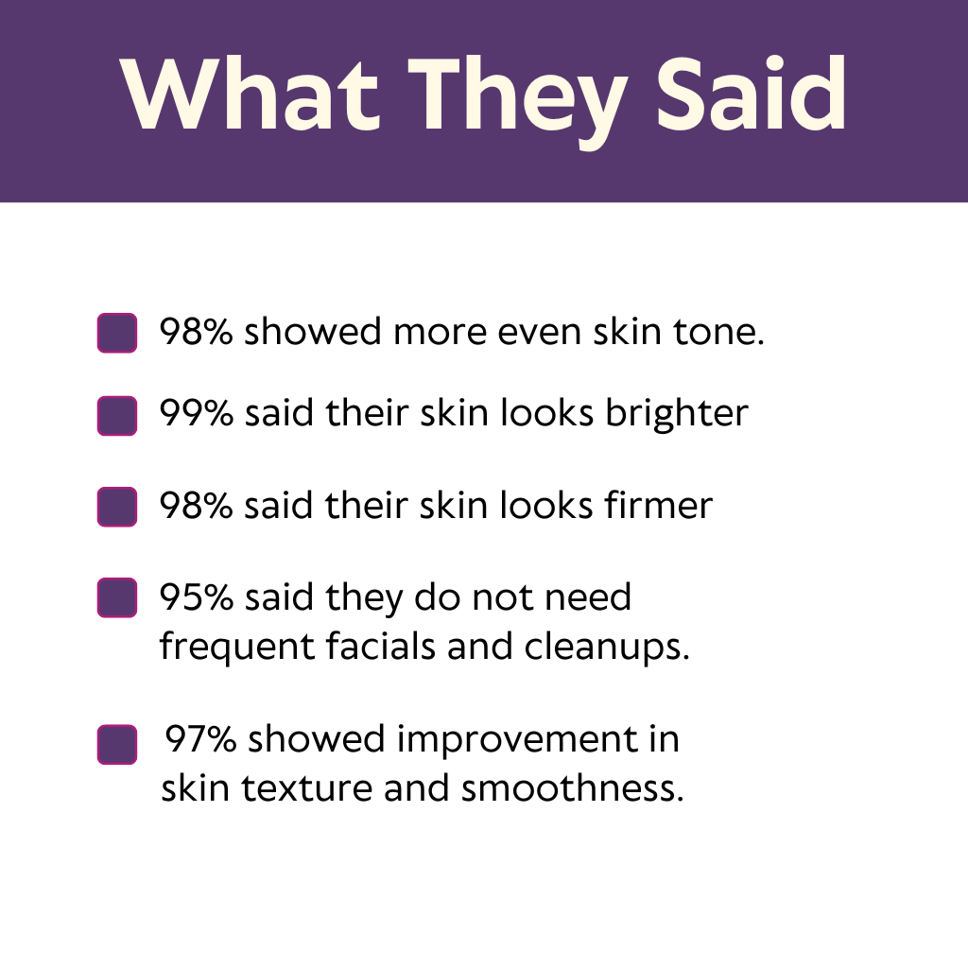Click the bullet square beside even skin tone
(x=116, y=333)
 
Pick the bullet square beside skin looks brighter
(x=116, y=416)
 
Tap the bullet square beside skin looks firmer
(x=116, y=507)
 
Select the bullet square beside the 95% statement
(x=116, y=597)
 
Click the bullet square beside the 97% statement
(x=116, y=744)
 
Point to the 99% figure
(x=197, y=412)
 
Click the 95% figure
(x=197, y=597)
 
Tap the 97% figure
(x=200, y=738)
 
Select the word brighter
(x=677, y=414)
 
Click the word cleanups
(x=607, y=648)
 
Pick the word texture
(x=307, y=789)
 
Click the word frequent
(x=237, y=648)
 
